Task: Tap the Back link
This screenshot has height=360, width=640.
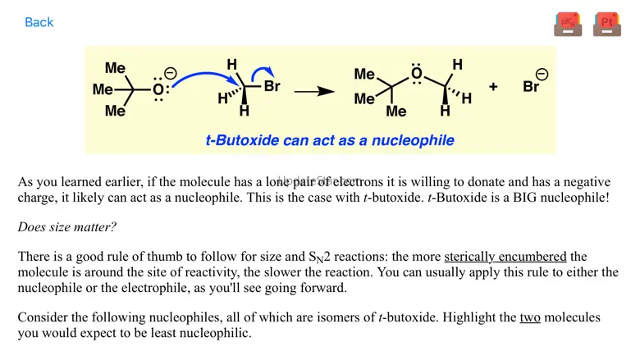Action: pyautogui.click(x=39, y=22)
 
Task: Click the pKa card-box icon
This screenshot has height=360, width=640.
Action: pyautogui.click(x=568, y=24)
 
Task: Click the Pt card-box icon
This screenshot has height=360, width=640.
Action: pyautogui.click(x=606, y=24)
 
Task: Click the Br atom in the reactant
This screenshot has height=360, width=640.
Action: pyautogui.click(x=272, y=85)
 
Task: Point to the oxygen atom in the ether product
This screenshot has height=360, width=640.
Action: pyautogui.click(x=417, y=75)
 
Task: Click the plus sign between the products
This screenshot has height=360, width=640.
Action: pyautogui.click(x=493, y=86)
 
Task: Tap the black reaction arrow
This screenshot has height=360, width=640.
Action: pyautogui.click(x=314, y=91)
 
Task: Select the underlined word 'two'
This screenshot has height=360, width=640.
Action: pyautogui.click(x=530, y=317)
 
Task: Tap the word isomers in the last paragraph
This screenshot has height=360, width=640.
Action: pyautogui.click(x=311, y=317)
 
